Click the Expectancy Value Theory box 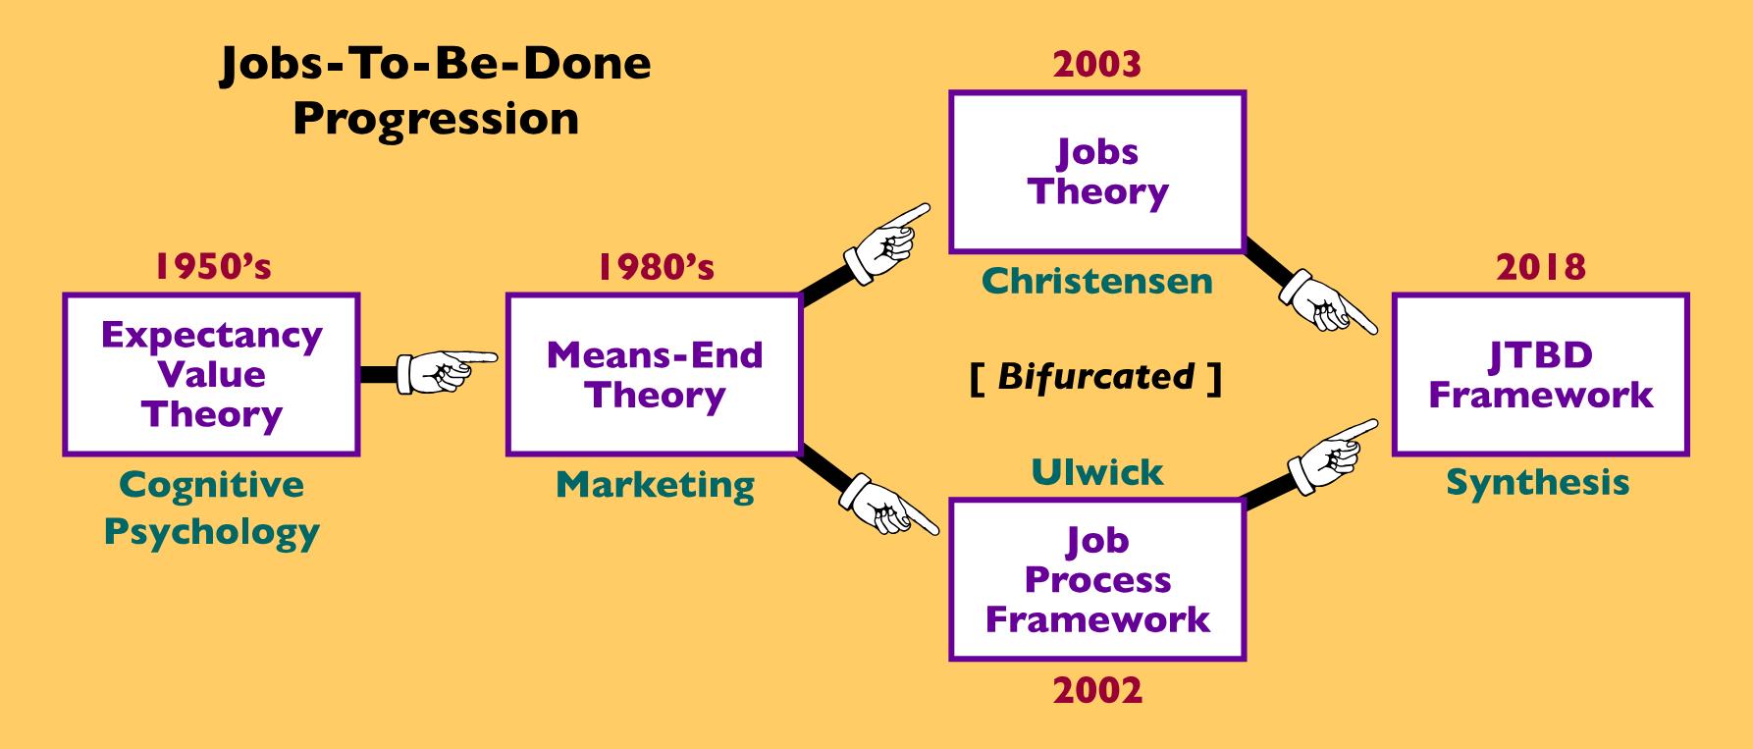tap(211, 374)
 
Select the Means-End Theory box tap(654, 374)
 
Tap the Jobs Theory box tap(1097, 172)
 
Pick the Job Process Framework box tap(1097, 579)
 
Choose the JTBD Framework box tap(1540, 374)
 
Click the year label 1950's tap(212, 266)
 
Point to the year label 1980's tap(656, 266)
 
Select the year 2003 tap(1097, 65)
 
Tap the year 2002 tap(1097, 690)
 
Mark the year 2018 tap(1541, 266)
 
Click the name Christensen tap(1097, 282)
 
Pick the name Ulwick tap(1097, 472)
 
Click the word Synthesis tap(1538, 483)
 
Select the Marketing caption tap(656, 485)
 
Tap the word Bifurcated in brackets tap(1096, 376)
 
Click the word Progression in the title tap(436, 119)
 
